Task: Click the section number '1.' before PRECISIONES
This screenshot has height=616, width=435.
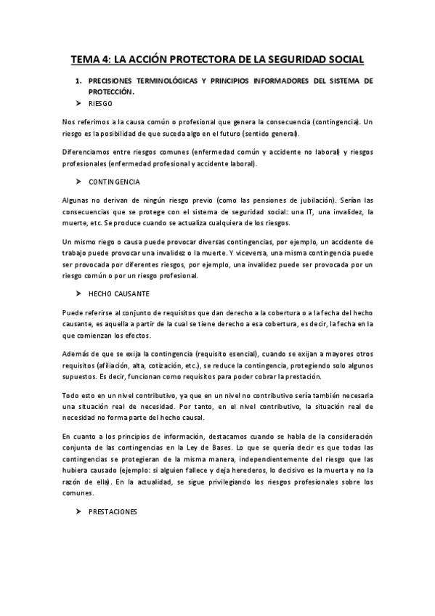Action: (x=79, y=81)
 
